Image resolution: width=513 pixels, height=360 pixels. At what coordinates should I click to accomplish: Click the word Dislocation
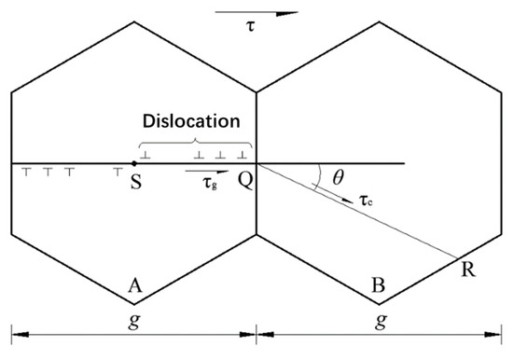191,122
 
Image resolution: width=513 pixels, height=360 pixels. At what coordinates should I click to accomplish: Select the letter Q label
246,183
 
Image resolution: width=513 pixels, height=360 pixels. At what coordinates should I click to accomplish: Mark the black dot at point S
135,164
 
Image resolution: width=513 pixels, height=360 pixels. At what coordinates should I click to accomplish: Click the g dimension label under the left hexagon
135,347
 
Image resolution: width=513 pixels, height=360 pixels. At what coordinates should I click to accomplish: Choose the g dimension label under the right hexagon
380,347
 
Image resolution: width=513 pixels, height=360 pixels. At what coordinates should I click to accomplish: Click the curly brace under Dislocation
196,141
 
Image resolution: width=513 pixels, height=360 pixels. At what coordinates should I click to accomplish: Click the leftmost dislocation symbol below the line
26,172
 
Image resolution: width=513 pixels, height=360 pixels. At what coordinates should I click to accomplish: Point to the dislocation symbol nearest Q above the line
242,154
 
